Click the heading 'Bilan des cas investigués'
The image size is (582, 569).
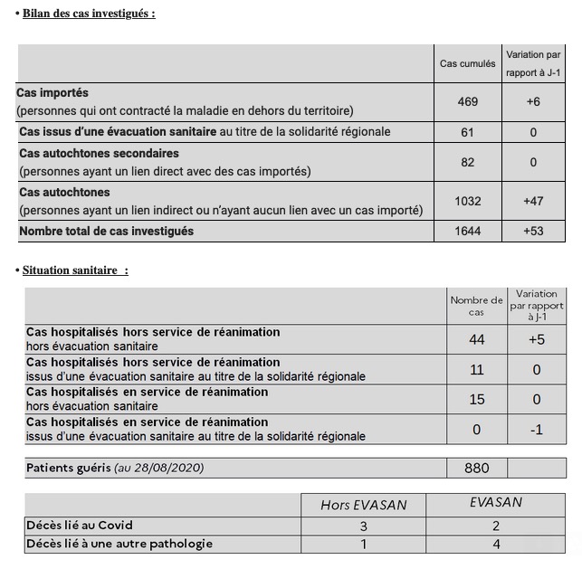[89, 13]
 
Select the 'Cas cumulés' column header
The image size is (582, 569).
[467, 64]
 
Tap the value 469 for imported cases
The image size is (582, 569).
[467, 102]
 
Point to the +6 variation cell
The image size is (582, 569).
[533, 102]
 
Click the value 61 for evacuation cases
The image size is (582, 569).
[467, 132]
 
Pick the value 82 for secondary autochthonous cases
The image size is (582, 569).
[467, 162]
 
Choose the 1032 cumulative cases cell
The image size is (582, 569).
[467, 201]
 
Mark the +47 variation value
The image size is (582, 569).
[533, 201]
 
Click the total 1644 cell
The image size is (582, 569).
[467, 232]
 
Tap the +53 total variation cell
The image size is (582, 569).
[533, 232]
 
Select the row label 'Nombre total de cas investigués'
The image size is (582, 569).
[107, 232]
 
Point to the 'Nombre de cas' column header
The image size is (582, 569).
[476, 306]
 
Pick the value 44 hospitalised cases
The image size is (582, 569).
[476, 339]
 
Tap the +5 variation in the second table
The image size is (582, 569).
[536, 339]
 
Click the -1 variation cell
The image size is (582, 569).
[536, 430]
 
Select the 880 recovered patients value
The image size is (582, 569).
[476, 468]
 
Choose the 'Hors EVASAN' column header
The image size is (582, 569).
[363, 505]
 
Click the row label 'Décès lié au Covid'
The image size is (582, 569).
[81, 525]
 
